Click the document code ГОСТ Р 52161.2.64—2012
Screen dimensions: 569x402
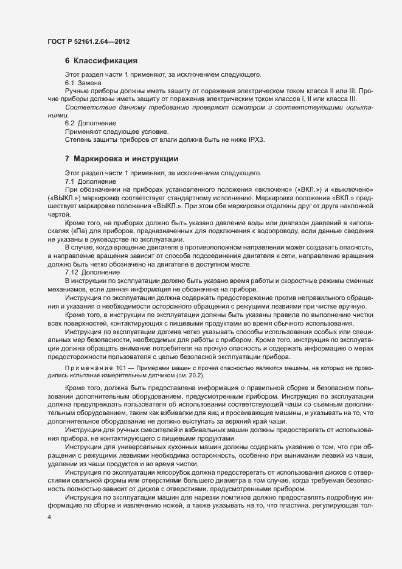87,41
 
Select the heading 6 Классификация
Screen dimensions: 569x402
100,61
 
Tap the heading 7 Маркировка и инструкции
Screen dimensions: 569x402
121,159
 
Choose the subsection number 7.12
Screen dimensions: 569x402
71,273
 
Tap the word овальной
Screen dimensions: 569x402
89,481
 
